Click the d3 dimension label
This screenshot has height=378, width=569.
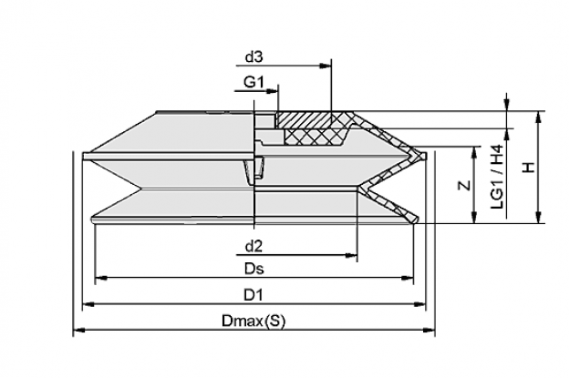tap(253, 56)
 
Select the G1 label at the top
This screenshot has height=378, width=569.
tap(253, 82)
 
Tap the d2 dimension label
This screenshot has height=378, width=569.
tap(253, 246)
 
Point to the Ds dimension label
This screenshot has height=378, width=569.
tap(254, 269)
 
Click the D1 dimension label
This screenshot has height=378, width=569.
tap(253, 295)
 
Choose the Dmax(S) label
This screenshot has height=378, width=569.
tap(253, 322)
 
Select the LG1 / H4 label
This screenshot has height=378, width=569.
tap(497, 177)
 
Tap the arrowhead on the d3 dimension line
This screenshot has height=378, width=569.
tap(326, 66)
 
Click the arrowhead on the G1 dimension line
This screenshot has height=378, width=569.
tap(272, 90)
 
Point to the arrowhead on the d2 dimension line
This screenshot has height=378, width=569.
tap(351, 256)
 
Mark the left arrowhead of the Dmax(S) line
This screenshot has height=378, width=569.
tap(79, 330)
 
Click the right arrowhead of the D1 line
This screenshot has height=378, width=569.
tap(419, 305)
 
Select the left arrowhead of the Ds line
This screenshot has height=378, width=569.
tap(101, 278)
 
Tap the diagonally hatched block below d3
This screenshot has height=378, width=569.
tap(304, 119)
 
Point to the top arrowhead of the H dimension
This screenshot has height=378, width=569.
tap(539, 117)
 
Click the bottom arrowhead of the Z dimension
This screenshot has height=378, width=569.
tap(473, 217)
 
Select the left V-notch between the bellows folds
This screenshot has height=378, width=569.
tap(140, 189)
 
